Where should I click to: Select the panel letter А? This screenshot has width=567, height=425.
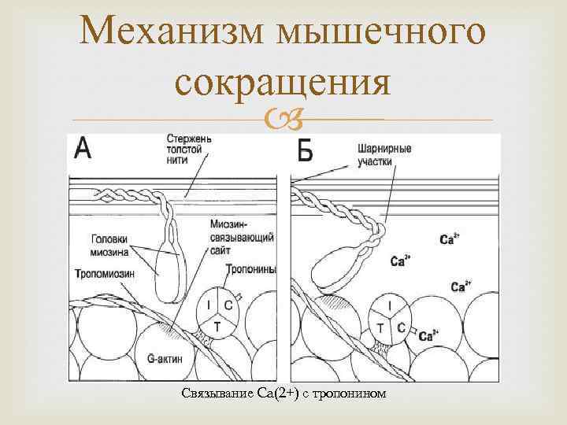click(83, 147)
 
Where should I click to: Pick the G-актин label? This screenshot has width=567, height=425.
click(164, 359)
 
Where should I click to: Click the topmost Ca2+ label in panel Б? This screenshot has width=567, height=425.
click(450, 238)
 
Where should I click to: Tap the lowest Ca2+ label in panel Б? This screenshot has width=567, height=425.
click(429, 336)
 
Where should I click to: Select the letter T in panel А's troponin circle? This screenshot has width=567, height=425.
click(217, 323)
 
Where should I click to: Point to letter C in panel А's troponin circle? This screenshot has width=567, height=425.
click(228, 305)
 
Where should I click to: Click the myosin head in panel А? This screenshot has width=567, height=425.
click(168, 272)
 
